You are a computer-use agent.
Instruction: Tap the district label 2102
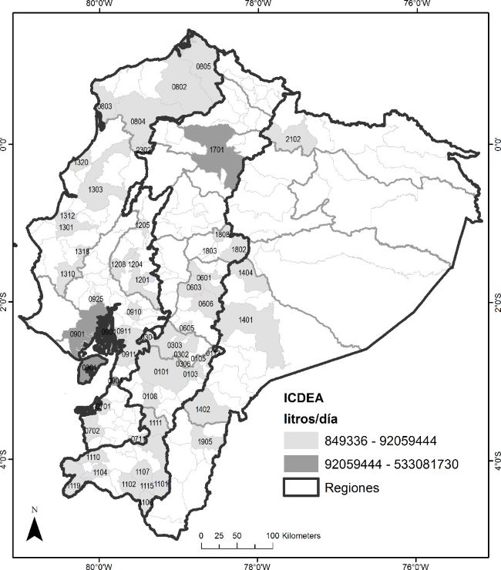(293, 139)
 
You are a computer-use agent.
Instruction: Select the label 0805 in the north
(203, 67)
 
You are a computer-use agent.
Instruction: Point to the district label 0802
(179, 87)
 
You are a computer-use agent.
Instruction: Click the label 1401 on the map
(247, 320)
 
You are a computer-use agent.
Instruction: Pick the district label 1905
(204, 441)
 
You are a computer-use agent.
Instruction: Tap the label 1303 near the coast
(96, 189)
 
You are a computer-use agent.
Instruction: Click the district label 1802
(238, 250)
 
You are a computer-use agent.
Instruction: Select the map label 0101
(161, 372)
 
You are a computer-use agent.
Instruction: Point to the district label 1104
(100, 471)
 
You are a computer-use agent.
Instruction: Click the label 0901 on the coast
(77, 334)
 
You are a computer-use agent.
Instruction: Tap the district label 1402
(203, 410)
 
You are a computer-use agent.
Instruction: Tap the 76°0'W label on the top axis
(415, 4)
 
